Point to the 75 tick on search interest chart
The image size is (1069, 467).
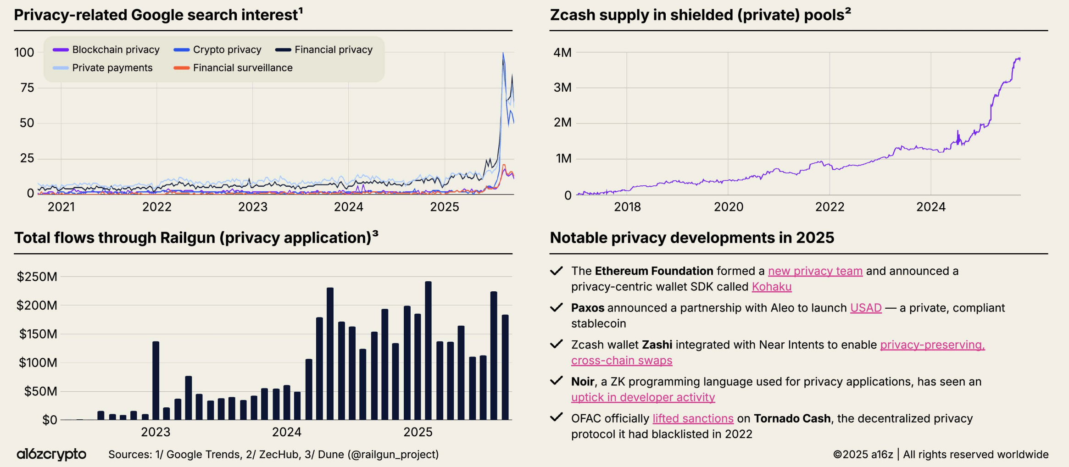[27, 88]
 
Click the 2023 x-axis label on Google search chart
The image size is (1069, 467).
[252, 207]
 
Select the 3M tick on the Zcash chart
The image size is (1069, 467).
[562, 88]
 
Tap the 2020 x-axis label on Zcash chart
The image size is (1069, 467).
[728, 207]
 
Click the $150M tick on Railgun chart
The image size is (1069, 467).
[38, 334]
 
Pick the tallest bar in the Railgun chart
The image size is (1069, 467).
[428, 350]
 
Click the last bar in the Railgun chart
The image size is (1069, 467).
[505, 367]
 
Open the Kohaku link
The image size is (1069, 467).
[771, 287]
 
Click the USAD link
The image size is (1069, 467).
[865, 308]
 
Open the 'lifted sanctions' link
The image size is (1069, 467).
[693, 418]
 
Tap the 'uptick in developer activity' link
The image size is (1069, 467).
[643, 397]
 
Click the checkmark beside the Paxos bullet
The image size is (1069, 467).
[556, 307]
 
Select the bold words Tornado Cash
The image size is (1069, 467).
[792, 418]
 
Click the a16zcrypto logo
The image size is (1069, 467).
[51, 454]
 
